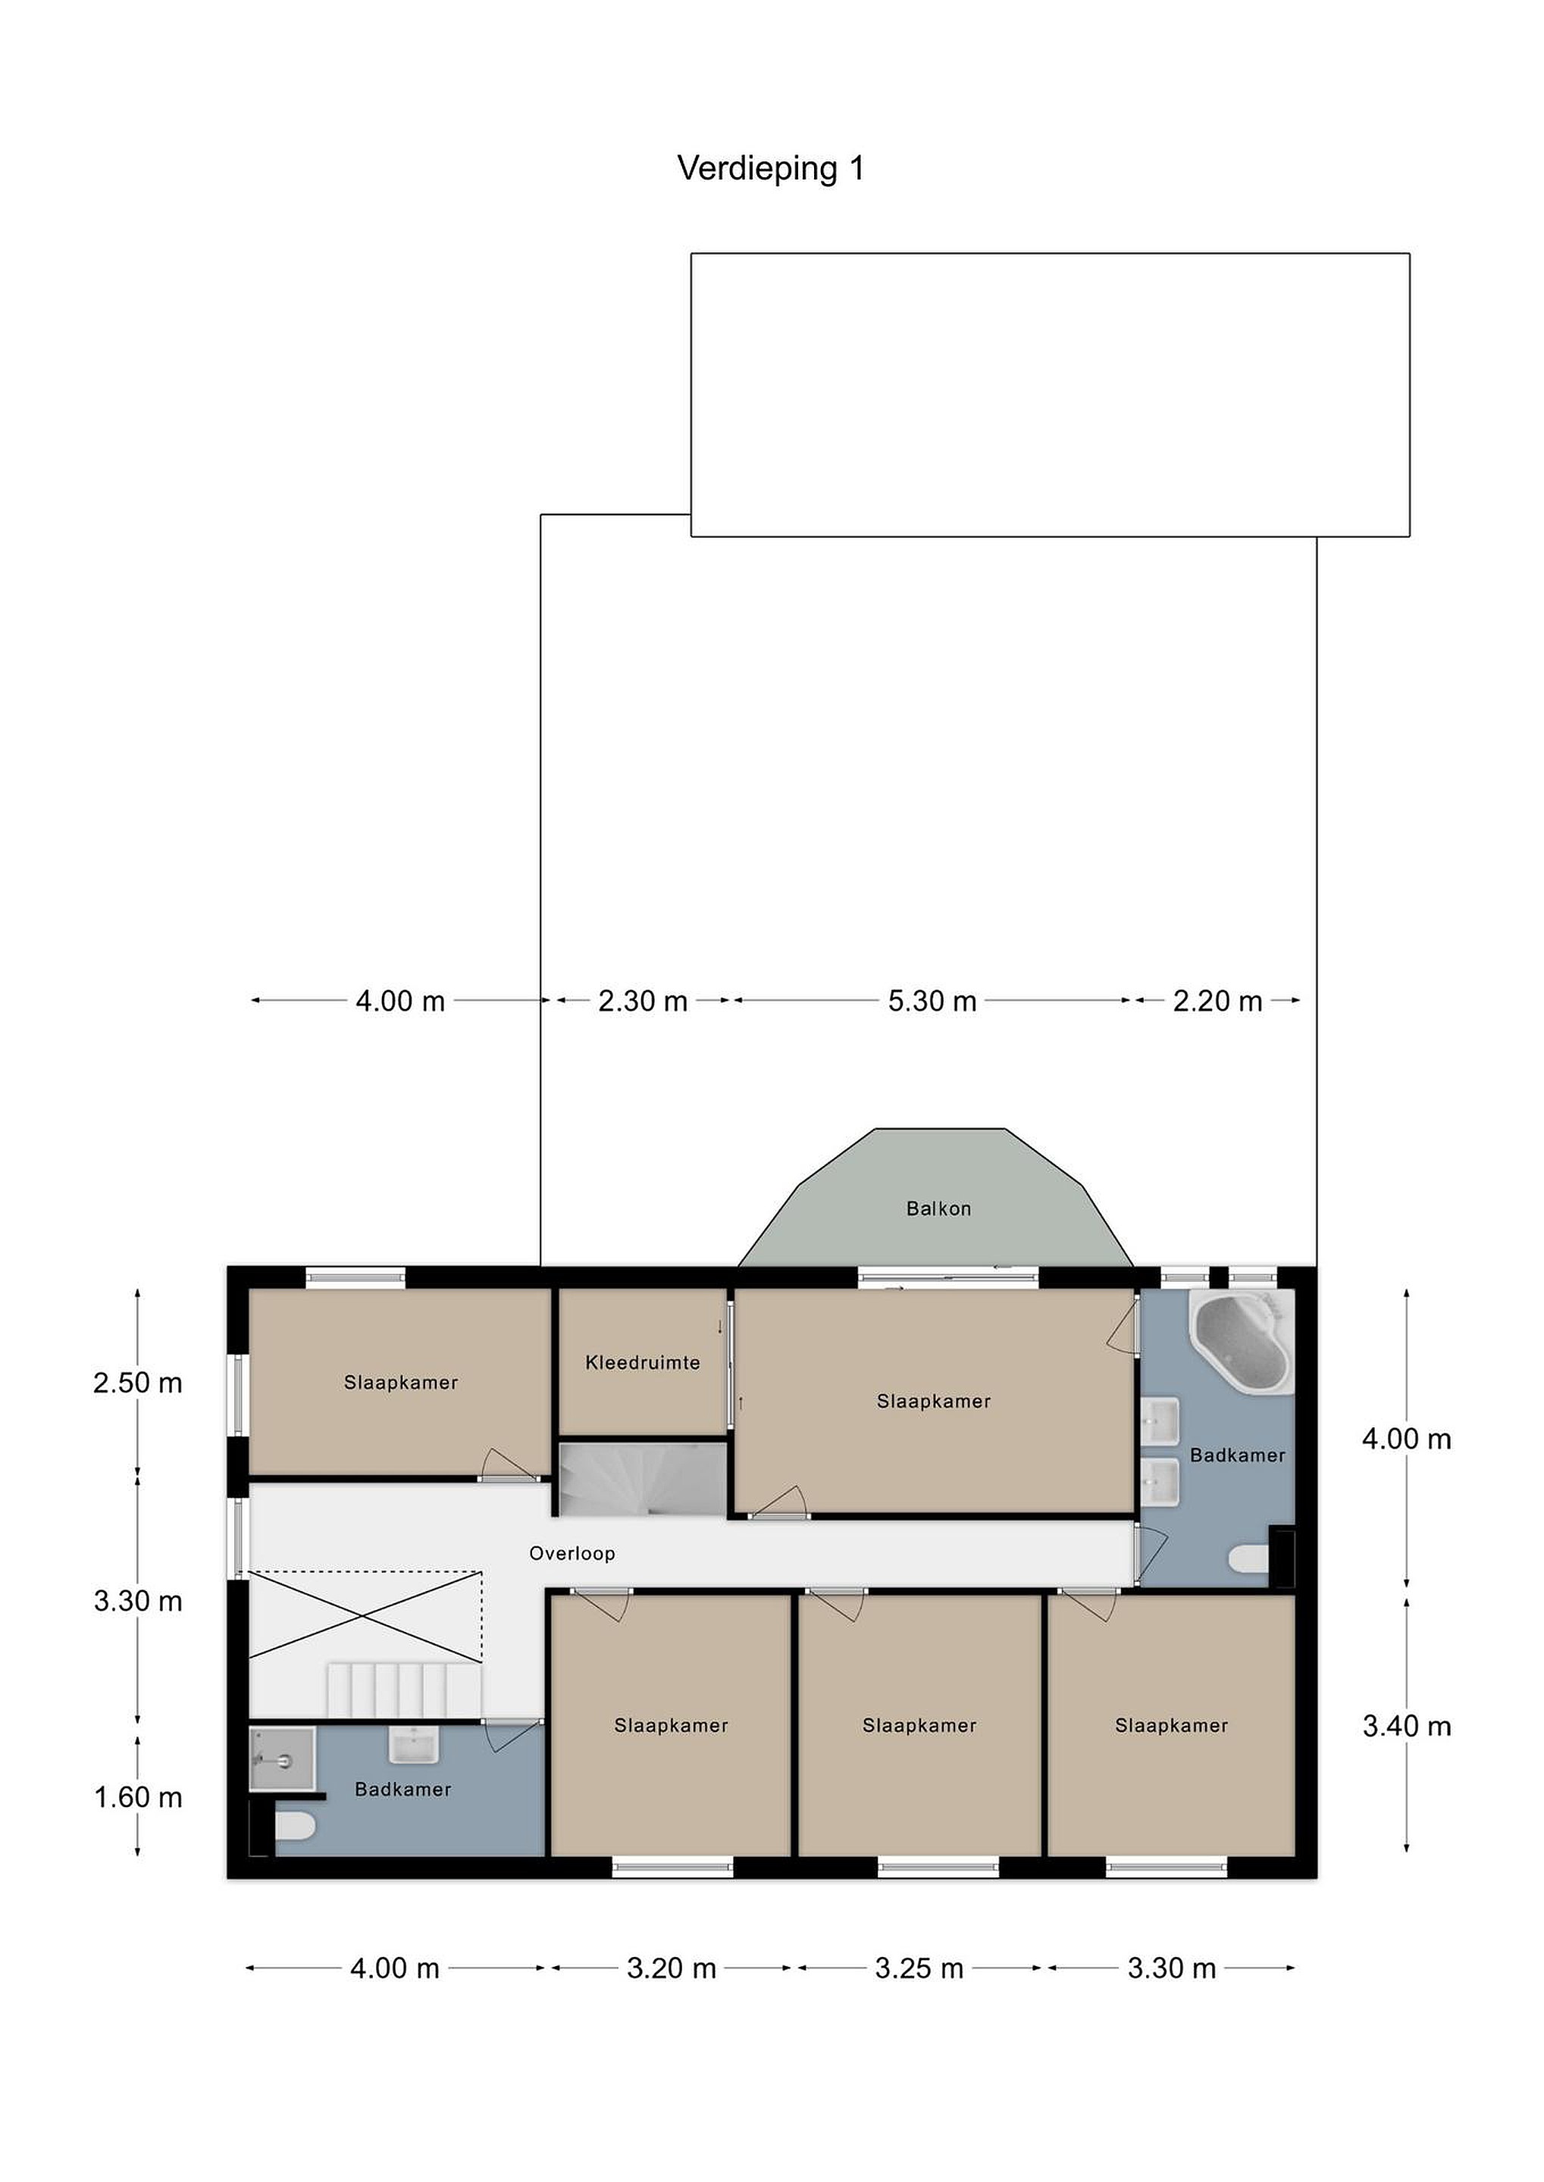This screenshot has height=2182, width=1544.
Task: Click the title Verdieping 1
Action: click(x=771, y=168)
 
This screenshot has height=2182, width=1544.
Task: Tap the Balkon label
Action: click(x=938, y=1209)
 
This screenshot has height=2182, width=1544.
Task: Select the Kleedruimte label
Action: click(x=643, y=1363)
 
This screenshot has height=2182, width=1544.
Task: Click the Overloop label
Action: click(x=572, y=1554)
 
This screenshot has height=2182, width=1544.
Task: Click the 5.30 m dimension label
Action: click(x=932, y=1001)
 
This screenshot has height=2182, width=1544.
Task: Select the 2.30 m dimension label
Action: click(x=643, y=1001)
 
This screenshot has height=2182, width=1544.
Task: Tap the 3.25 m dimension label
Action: click(x=919, y=1968)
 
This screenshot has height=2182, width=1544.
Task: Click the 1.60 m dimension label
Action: click(x=138, y=1797)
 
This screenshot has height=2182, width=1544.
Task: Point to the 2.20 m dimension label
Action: click(x=1218, y=1001)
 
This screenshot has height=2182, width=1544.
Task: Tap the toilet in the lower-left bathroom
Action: click(x=295, y=1826)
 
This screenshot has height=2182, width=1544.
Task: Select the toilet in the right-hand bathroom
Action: click(x=1249, y=1558)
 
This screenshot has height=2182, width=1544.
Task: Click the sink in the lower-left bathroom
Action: click(x=414, y=1745)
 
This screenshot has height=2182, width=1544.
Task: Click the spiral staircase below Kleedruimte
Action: click(x=643, y=1479)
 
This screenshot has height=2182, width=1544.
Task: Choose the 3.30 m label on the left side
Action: click(x=138, y=1602)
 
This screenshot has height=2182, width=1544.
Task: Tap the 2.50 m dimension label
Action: click(x=138, y=1383)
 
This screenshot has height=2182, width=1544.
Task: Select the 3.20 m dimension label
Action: click(x=672, y=1968)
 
